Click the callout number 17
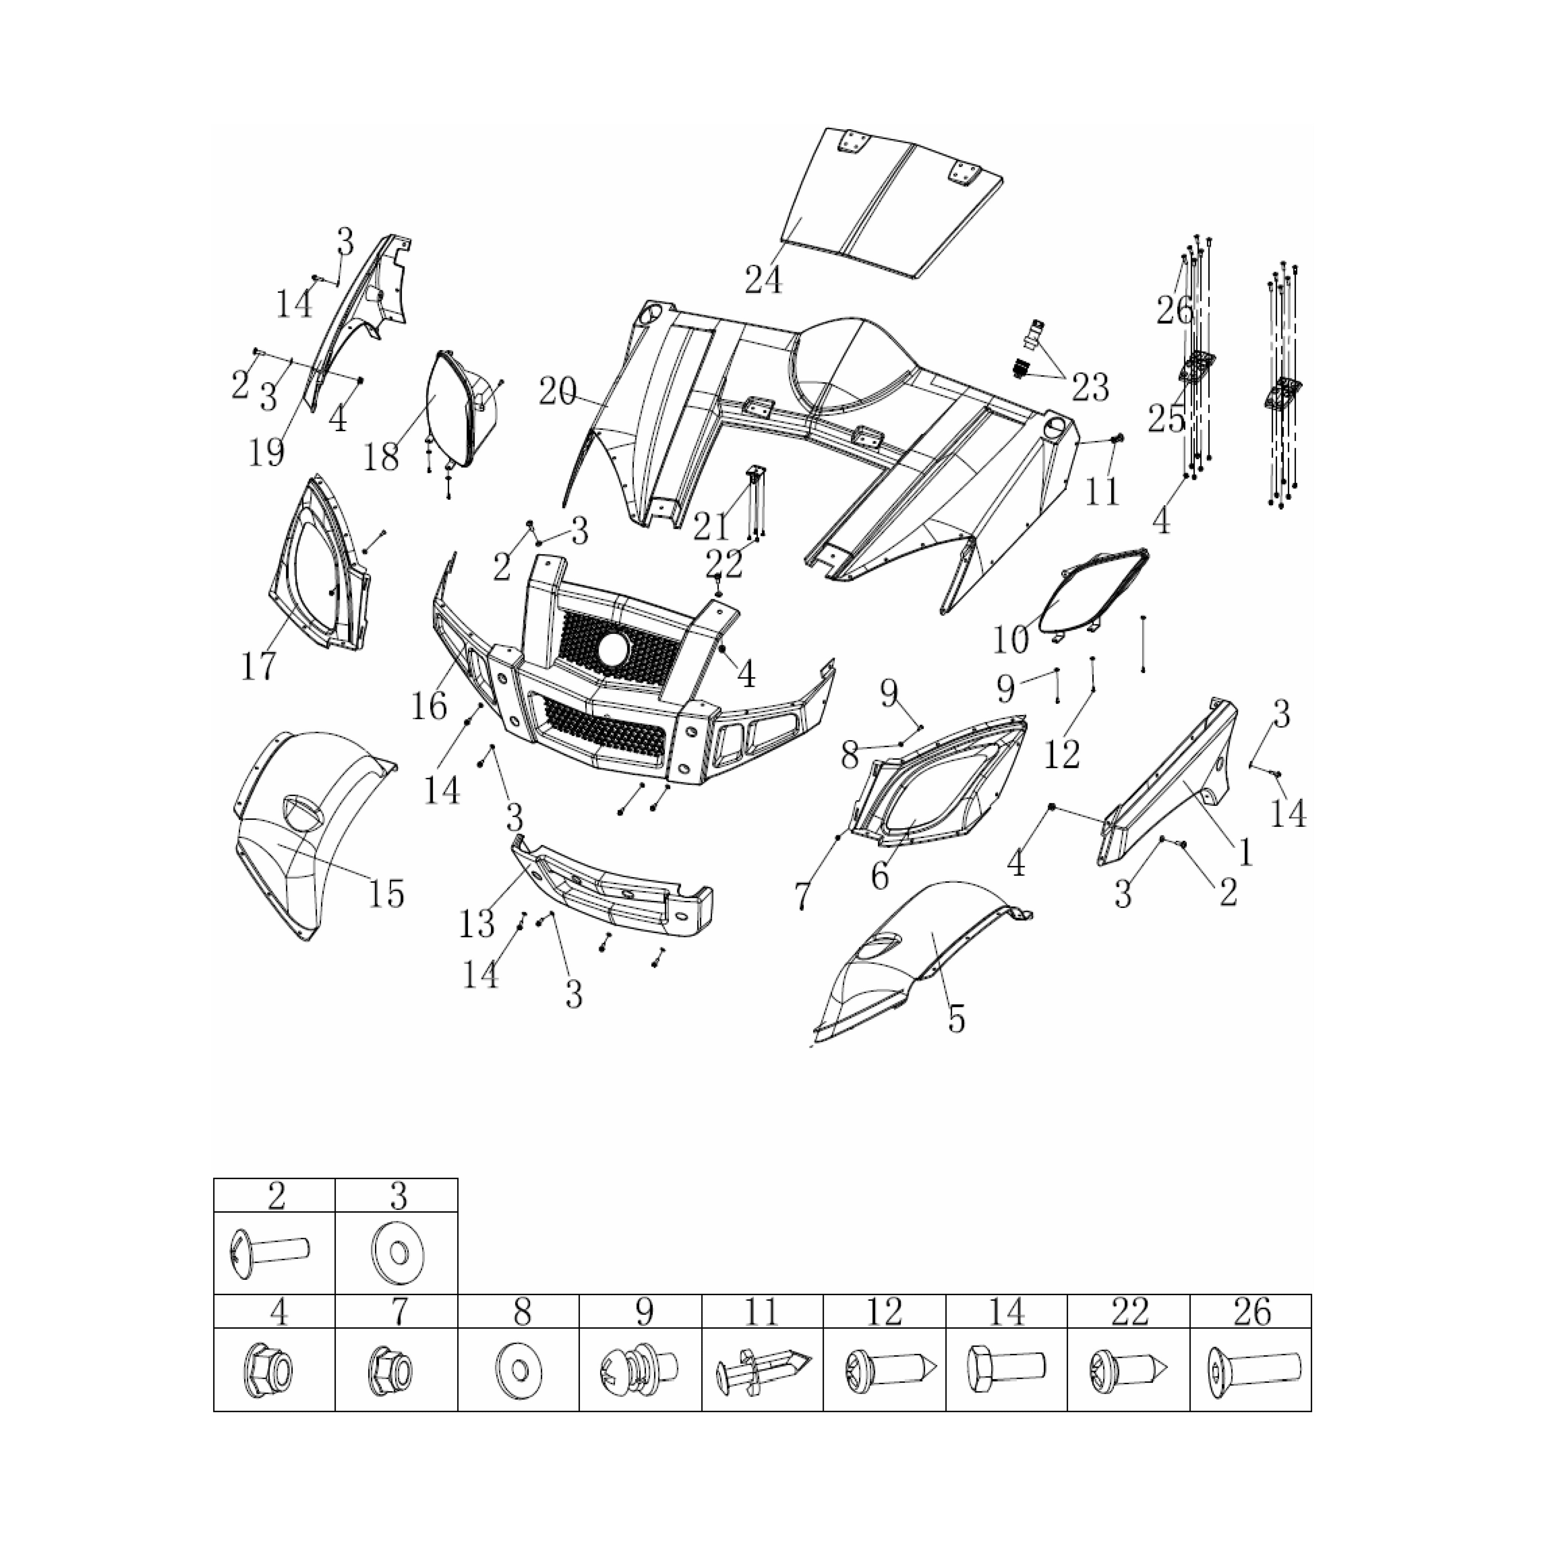(259, 666)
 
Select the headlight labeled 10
(1089, 595)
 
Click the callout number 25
(1166, 418)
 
